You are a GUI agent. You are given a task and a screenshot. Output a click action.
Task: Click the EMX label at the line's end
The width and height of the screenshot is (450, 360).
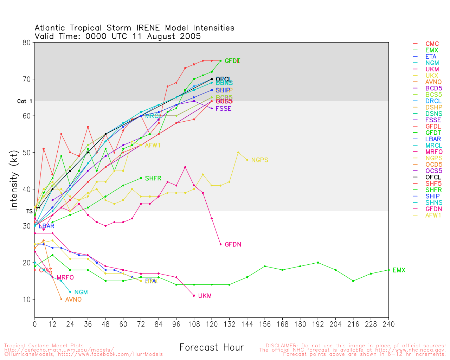click(399, 270)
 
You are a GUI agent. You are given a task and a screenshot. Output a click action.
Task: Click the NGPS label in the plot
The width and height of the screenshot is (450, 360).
click(259, 160)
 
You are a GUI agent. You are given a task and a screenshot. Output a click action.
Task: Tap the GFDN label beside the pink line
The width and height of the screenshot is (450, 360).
click(233, 244)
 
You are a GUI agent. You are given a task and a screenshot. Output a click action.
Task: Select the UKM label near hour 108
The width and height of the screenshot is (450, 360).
click(205, 296)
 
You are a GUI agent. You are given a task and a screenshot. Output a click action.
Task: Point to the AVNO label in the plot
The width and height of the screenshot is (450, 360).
click(73, 300)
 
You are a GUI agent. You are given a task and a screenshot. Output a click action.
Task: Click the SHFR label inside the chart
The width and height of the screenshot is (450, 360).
click(153, 179)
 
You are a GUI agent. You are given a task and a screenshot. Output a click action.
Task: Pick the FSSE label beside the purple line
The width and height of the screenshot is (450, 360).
click(223, 109)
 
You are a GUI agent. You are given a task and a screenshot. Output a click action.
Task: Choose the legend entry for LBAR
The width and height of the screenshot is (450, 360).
click(433, 139)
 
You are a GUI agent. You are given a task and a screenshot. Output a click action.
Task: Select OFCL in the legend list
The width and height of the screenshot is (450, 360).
click(433, 177)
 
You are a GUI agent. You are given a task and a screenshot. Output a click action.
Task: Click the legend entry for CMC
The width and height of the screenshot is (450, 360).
click(432, 44)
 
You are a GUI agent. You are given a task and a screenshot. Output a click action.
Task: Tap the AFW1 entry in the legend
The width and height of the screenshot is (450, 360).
click(433, 215)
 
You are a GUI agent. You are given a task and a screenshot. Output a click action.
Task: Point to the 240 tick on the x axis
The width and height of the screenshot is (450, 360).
click(388, 324)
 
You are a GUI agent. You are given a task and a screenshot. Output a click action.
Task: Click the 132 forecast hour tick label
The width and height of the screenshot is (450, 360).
click(229, 324)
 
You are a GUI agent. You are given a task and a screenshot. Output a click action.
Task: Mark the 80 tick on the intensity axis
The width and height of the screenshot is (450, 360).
click(26, 43)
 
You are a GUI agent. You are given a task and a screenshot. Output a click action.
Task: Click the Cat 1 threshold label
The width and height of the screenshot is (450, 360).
click(25, 101)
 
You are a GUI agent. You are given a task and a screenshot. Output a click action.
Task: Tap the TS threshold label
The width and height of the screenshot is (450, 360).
click(29, 211)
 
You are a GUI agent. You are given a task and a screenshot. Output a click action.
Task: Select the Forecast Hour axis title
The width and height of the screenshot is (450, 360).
click(211, 348)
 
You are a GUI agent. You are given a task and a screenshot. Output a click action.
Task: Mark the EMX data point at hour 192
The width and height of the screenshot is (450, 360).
click(318, 263)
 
